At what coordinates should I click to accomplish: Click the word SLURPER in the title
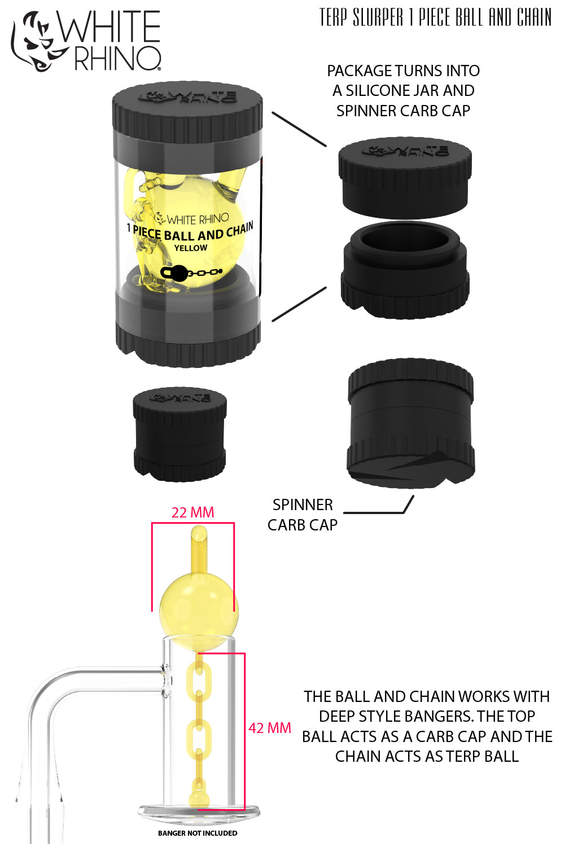coord(378,17)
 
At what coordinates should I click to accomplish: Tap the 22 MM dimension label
coord(192,512)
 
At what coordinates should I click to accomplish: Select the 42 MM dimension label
coord(270,728)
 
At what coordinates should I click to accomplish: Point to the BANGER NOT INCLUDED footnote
coord(198,833)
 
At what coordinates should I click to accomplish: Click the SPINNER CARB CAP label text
coord(303,515)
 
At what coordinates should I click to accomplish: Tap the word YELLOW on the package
coord(190,248)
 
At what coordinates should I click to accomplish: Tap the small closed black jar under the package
coord(179,433)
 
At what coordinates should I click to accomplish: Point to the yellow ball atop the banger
coord(198,607)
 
